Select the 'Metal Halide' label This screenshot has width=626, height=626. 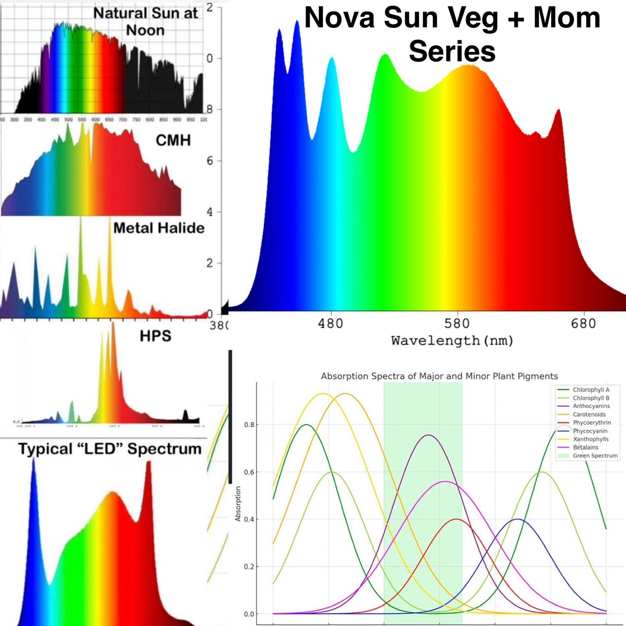(x=158, y=228)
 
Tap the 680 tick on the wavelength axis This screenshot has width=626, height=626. (x=583, y=323)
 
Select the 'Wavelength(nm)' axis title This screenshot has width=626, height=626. (x=452, y=341)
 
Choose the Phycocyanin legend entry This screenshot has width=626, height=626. (x=589, y=431)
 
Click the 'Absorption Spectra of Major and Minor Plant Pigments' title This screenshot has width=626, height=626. (x=439, y=376)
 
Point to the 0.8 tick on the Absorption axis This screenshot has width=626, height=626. (x=249, y=425)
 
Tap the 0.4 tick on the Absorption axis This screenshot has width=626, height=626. (x=249, y=519)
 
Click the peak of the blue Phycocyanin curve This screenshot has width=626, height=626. (x=518, y=519)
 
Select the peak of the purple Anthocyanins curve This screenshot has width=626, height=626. (x=428, y=435)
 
